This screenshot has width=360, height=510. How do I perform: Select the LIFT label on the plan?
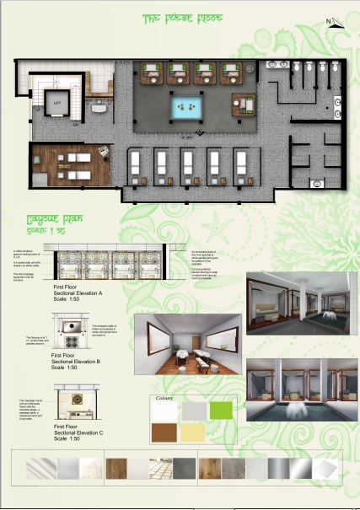click(x=57, y=103)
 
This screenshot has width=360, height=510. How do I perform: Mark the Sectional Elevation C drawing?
click(x=81, y=404)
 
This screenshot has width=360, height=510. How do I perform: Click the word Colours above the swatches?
click(x=164, y=396)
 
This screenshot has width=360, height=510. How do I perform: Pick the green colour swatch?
click(x=220, y=411)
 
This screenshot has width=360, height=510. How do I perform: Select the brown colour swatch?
click(x=165, y=432)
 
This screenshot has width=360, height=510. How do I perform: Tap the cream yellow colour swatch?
click(x=193, y=432)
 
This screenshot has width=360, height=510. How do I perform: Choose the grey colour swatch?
click(x=193, y=411)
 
